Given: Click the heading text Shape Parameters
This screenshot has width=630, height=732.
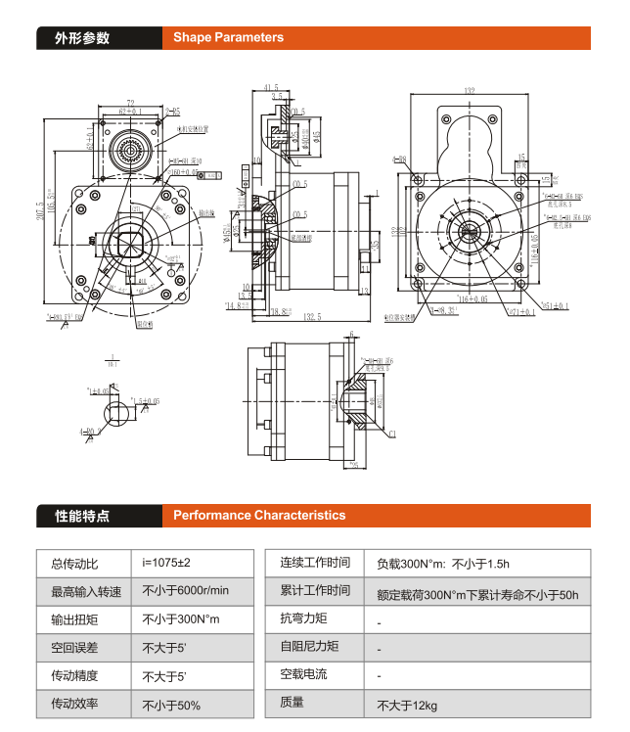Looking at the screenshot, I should pyautogui.click(x=228, y=38).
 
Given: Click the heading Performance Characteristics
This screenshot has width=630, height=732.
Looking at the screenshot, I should pyautogui.click(x=259, y=515).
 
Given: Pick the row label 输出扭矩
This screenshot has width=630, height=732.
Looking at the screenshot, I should pyautogui.click(x=74, y=619).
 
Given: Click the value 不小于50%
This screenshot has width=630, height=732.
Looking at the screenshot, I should pyautogui.click(x=171, y=705).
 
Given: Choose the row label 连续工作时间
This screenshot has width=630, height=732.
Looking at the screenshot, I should pyautogui.click(x=315, y=563).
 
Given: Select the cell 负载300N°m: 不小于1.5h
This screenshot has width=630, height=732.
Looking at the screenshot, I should pyautogui.click(x=442, y=564).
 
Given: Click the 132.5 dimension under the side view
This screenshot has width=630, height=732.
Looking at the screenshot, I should pyautogui.click(x=313, y=318).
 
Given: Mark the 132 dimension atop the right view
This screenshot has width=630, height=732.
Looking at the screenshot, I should pyautogui.click(x=470, y=91).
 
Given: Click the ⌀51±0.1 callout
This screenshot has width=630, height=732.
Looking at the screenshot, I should pyautogui.click(x=555, y=306).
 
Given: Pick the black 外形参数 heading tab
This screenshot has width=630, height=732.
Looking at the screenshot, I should pyautogui.click(x=82, y=38).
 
